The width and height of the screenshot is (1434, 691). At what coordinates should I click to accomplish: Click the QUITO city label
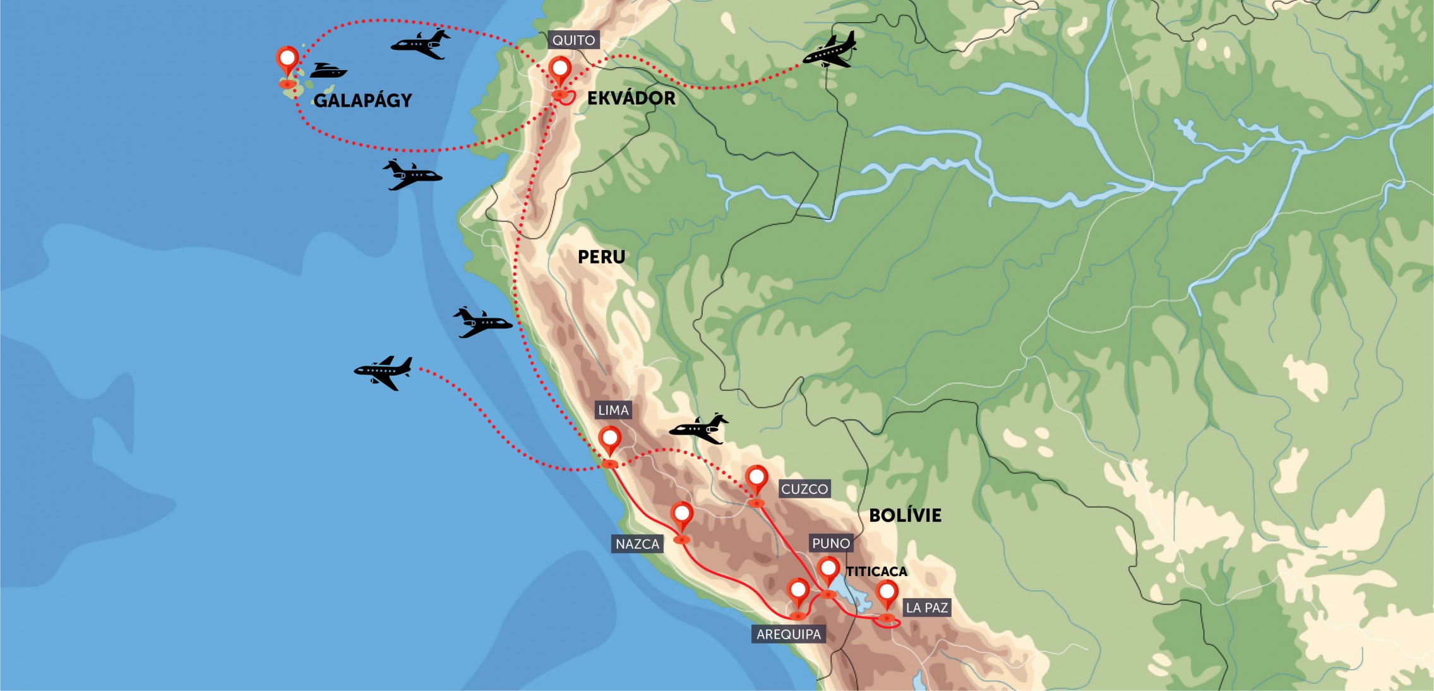point(573,40)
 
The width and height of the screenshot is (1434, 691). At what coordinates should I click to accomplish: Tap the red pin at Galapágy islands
point(287,61)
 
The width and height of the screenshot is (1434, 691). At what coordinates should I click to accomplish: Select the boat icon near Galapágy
point(328,71)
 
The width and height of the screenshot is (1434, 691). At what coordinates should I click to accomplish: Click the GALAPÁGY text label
point(362,100)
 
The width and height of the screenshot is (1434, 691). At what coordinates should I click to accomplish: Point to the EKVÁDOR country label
point(631,98)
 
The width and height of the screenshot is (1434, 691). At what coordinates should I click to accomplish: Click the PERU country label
point(601,257)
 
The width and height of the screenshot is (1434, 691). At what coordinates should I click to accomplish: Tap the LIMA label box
point(613,411)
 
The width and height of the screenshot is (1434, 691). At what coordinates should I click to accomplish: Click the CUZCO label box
point(804,489)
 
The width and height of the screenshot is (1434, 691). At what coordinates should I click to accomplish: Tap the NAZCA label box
point(637,544)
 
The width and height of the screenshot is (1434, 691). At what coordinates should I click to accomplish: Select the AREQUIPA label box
point(789,634)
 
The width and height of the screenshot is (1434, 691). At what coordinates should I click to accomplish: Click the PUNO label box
point(830,543)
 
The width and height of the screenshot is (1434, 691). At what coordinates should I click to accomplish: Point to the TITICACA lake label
point(876,572)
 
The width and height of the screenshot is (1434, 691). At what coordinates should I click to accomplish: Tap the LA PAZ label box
point(926,608)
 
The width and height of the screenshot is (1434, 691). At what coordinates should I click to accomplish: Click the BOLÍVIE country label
point(905,515)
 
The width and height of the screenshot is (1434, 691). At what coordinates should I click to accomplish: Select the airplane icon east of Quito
point(830,51)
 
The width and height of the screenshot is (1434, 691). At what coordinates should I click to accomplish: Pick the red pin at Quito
point(560,71)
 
